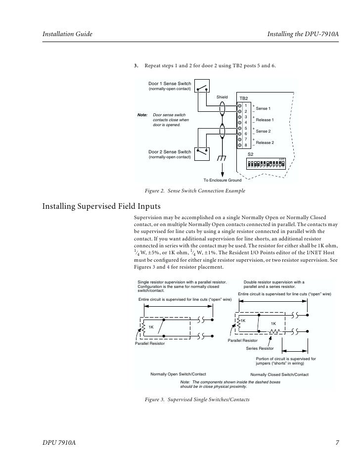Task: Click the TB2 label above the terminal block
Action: point(243,98)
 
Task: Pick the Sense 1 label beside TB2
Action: point(263,108)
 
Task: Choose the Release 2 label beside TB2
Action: point(265,142)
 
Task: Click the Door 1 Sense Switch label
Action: point(170,84)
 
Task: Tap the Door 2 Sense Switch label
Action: point(170,151)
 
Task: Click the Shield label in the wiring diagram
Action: point(222,97)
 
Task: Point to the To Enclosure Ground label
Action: point(223,181)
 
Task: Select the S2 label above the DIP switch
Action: point(250,155)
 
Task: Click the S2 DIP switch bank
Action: point(266,163)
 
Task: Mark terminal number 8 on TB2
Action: point(246,145)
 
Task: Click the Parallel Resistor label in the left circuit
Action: point(150,344)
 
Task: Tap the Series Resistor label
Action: point(260,348)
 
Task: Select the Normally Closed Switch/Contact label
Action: point(279,374)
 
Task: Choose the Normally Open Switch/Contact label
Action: point(178,374)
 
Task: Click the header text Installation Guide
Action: point(65,35)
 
